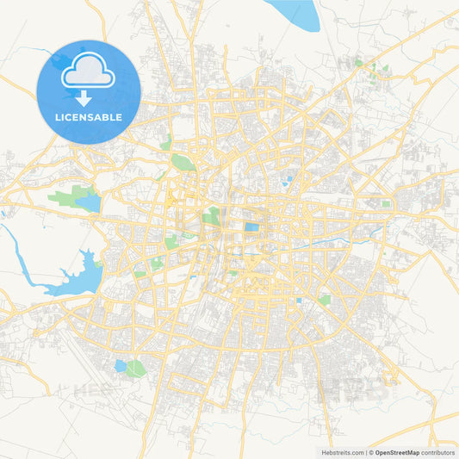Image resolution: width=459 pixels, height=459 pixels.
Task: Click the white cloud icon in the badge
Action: click(x=89, y=71)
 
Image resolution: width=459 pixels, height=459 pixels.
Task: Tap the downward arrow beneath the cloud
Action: click(x=84, y=96)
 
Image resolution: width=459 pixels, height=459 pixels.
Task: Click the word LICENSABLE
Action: click(x=89, y=117)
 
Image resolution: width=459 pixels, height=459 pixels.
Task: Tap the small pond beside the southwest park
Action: click(x=120, y=366)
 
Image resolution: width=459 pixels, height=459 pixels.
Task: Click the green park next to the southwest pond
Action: click(x=135, y=369)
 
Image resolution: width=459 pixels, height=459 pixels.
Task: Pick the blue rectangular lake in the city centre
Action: click(x=251, y=228)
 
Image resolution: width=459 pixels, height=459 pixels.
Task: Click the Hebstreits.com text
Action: click(x=340, y=452)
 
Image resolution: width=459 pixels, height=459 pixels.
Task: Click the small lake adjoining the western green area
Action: click(x=90, y=203)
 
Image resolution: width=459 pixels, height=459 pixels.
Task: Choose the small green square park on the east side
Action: click(x=385, y=204)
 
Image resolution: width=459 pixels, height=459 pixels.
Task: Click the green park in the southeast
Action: click(x=325, y=301)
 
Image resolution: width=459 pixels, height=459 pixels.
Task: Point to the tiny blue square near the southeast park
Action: click(x=299, y=301)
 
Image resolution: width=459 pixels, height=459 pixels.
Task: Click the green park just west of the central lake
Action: click(x=211, y=216)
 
